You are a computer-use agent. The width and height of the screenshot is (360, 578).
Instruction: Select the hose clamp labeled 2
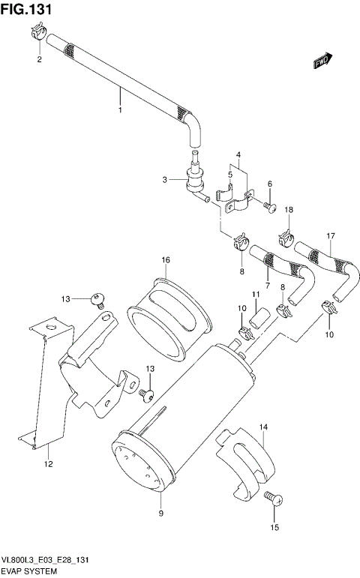[37, 32]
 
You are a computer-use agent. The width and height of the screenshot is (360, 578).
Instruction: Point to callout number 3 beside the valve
[165, 179]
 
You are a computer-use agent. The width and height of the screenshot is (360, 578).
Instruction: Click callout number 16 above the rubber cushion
[166, 260]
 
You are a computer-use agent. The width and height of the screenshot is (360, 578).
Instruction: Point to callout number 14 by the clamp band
[263, 427]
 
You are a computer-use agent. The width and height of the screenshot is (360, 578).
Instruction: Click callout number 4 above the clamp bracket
[238, 155]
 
